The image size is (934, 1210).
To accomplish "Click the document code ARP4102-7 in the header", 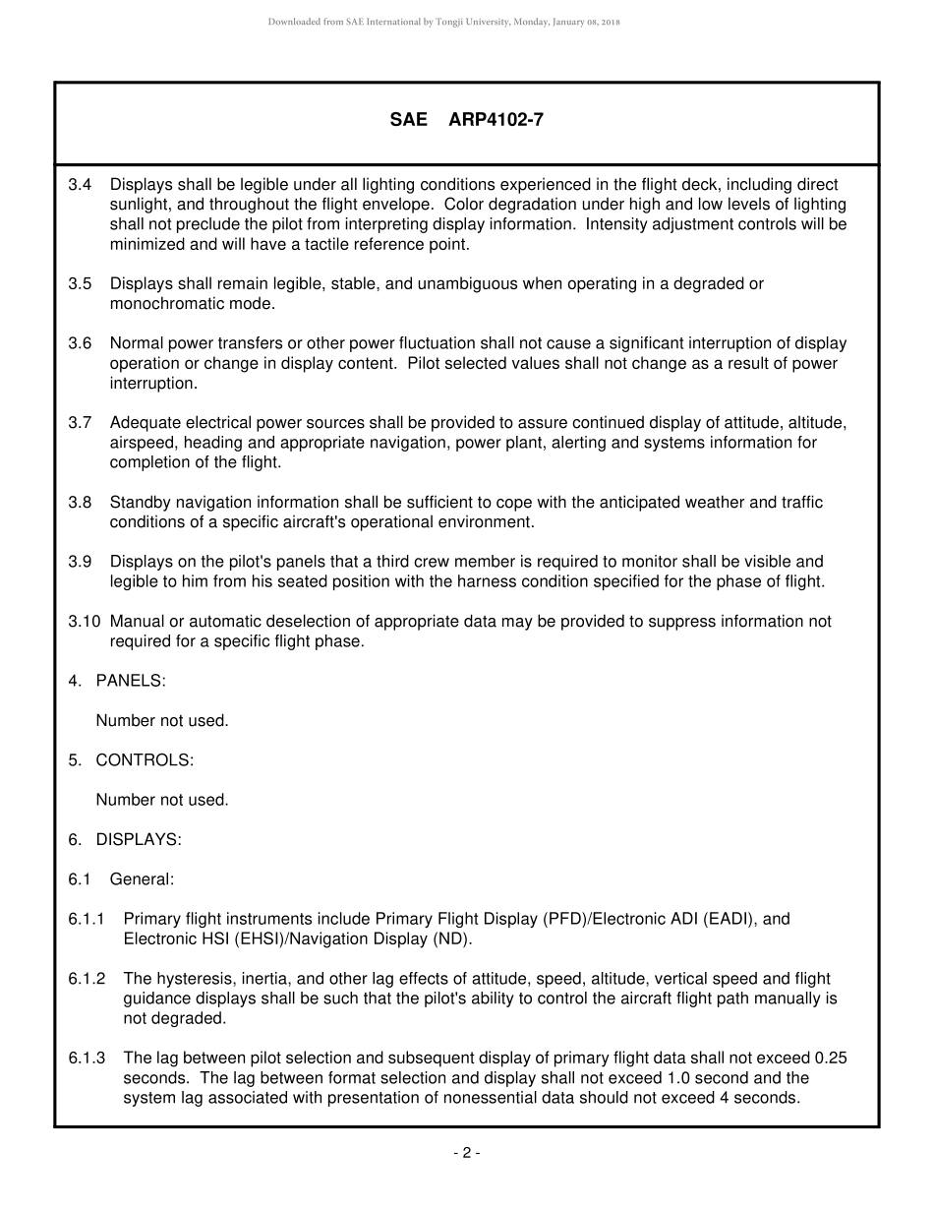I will point(496,120).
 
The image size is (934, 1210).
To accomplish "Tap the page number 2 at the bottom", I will point(466,1153).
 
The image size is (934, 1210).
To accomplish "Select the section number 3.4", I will point(80,184).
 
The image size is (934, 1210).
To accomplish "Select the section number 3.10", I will point(85,622).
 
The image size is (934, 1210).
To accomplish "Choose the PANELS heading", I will point(130,681).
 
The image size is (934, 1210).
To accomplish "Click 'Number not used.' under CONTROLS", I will point(162,800).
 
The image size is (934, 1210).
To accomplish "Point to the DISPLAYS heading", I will point(138,839).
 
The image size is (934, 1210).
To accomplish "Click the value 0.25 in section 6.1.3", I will point(832,1059).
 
